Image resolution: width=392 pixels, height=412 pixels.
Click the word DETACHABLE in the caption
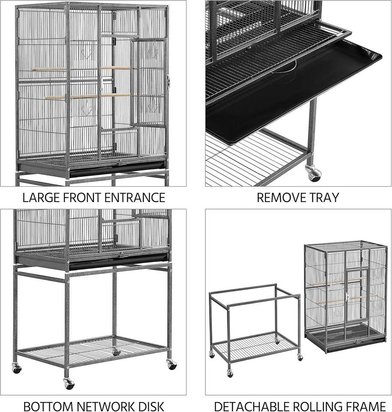(x=249, y=406)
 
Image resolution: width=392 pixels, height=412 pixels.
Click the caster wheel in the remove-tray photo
(x=313, y=173)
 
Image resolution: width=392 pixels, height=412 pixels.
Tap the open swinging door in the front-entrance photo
(x=148, y=82)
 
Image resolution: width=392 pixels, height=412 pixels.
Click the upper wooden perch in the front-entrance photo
(x=81, y=69)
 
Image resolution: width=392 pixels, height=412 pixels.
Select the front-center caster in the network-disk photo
(x=69, y=384)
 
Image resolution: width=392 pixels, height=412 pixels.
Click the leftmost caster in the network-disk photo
(x=17, y=368)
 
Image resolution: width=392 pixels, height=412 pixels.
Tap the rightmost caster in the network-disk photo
(x=172, y=364)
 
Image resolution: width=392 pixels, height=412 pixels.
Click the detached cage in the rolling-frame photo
(x=346, y=297)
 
